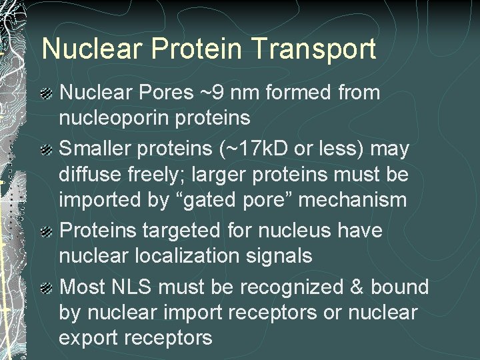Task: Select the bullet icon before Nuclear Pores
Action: (48, 94)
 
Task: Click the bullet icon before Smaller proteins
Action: (48, 150)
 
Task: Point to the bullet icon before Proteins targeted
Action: (48, 232)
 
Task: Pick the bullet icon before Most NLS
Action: (48, 289)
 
